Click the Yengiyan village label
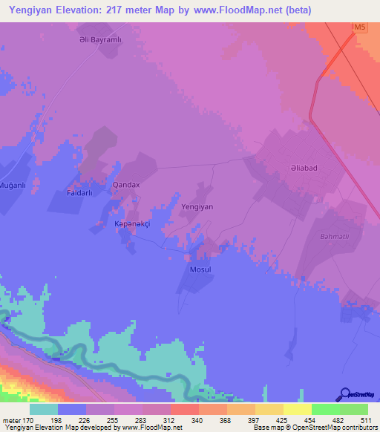(x=197, y=208)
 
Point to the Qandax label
(x=125, y=183)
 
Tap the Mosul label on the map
(x=201, y=269)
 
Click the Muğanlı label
(x=13, y=184)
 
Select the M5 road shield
(x=360, y=27)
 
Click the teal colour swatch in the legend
(x=44, y=409)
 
